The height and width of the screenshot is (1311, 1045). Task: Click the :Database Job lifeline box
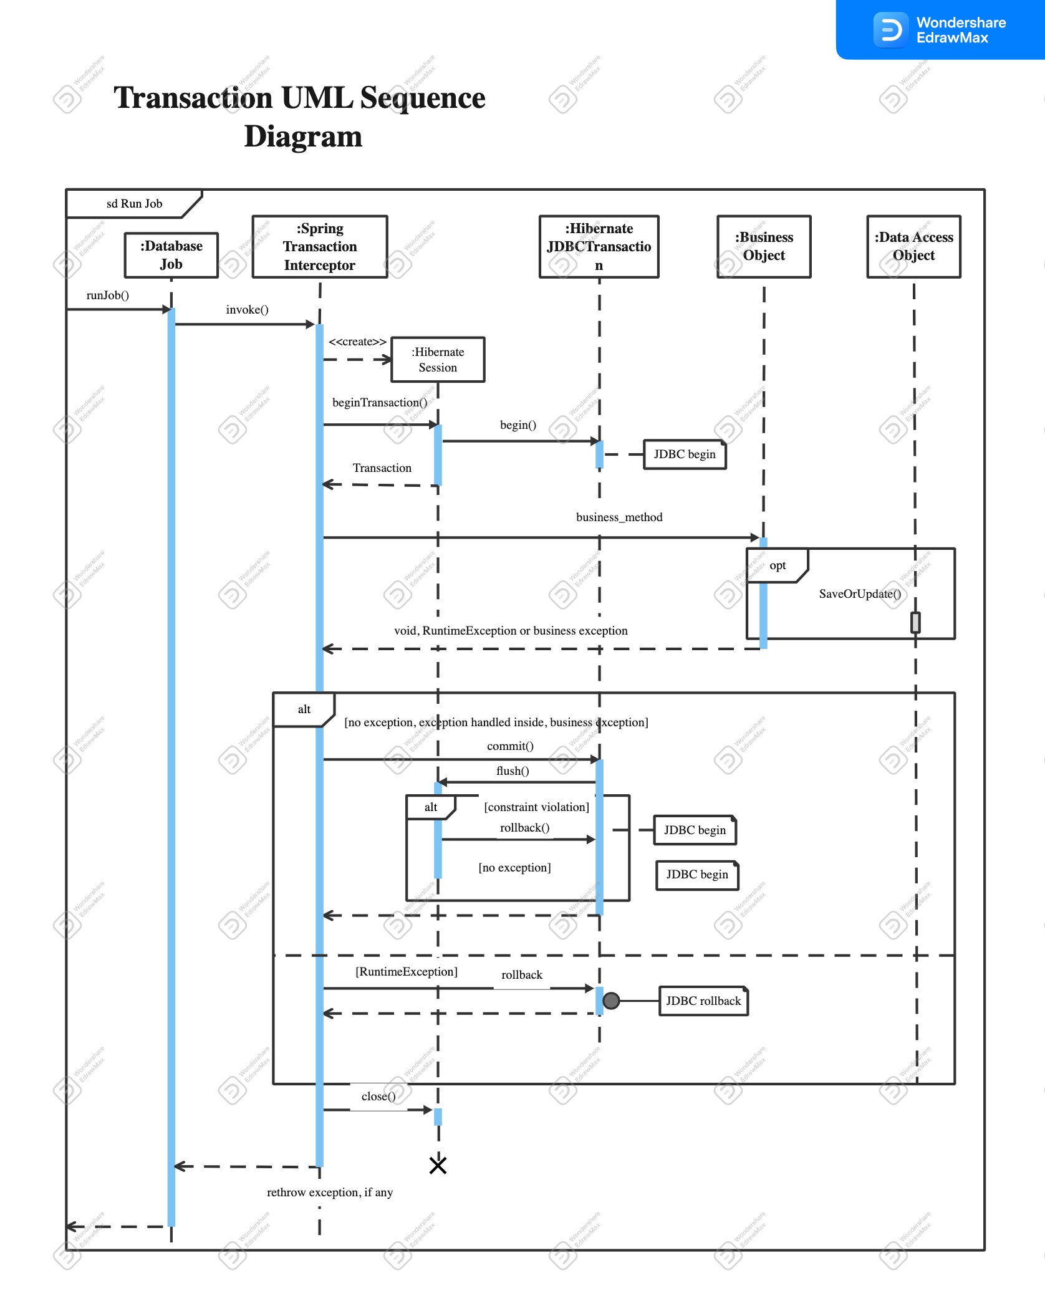click(x=171, y=255)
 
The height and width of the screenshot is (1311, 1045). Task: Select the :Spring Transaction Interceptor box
click(x=319, y=247)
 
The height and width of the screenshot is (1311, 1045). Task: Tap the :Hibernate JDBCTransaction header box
click(x=599, y=247)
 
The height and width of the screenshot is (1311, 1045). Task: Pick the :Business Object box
click(x=764, y=247)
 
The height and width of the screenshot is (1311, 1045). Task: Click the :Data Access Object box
click(x=913, y=247)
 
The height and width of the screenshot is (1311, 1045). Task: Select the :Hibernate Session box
click(x=438, y=360)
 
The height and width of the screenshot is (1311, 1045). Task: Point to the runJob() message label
click(x=107, y=295)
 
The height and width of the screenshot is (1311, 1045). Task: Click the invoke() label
click(x=247, y=310)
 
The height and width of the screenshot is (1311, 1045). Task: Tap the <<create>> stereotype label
click(x=357, y=342)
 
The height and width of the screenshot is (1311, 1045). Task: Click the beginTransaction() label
click(x=379, y=403)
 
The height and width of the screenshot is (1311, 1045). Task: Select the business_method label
click(x=619, y=517)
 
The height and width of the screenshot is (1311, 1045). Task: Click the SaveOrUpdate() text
click(x=860, y=594)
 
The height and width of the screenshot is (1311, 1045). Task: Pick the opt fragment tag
click(x=777, y=565)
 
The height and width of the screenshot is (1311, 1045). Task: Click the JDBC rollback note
click(x=703, y=1001)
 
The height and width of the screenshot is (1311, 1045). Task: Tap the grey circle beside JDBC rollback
click(x=611, y=1001)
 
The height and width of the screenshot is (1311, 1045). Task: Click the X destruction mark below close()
click(x=438, y=1165)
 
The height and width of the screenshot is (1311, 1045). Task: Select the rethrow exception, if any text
click(x=330, y=1193)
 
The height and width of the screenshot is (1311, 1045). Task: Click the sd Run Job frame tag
click(x=133, y=204)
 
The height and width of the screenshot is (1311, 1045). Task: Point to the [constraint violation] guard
click(x=536, y=807)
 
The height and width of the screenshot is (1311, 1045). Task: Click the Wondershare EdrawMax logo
click(x=940, y=30)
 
